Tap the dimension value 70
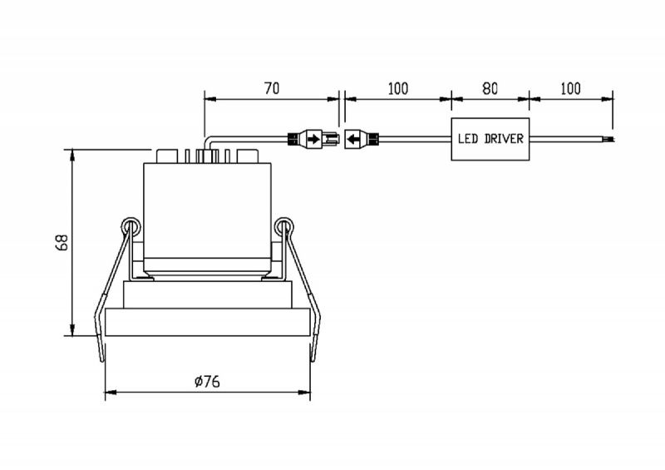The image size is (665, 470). (x=272, y=89)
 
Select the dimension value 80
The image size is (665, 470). (x=490, y=89)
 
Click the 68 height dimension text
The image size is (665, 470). (x=62, y=242)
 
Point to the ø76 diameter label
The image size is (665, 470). (x=207, y=382)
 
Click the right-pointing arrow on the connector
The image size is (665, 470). (x=313, y=139)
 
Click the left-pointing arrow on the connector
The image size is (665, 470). (x=354, y=139)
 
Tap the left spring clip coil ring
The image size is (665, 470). (x=131, y=227)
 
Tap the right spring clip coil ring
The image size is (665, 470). (x=283, y=227)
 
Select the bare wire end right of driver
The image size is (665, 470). (x=609, y=139)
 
